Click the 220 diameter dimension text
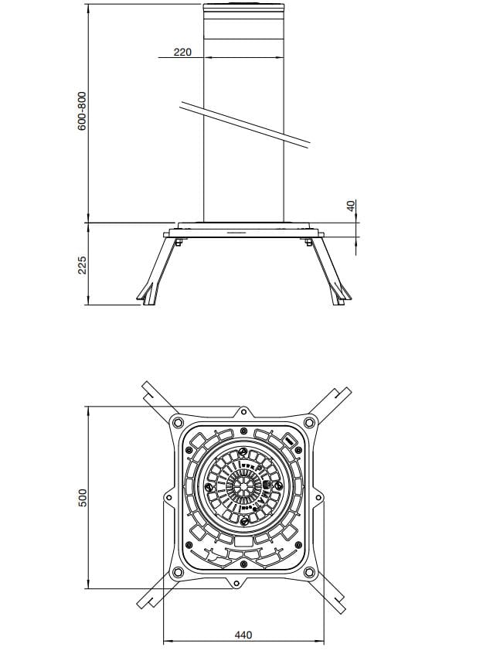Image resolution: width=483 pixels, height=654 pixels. (x=182, y=52)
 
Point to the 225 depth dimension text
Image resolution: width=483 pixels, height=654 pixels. (x=82, y=264)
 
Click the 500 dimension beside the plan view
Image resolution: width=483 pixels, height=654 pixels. (x=82, y=497)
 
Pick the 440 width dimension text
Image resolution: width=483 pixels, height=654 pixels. (x=243, y=635)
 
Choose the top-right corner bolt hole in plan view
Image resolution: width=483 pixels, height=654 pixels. (x=309, y=421)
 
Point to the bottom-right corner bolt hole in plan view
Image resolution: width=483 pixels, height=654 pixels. (x=309, y=572)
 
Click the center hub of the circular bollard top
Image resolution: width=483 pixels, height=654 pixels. (x=243, y=487)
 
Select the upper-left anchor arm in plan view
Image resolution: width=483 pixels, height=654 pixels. (x=155, y=396)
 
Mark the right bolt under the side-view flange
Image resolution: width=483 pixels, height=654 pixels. (x=309, y=244)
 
